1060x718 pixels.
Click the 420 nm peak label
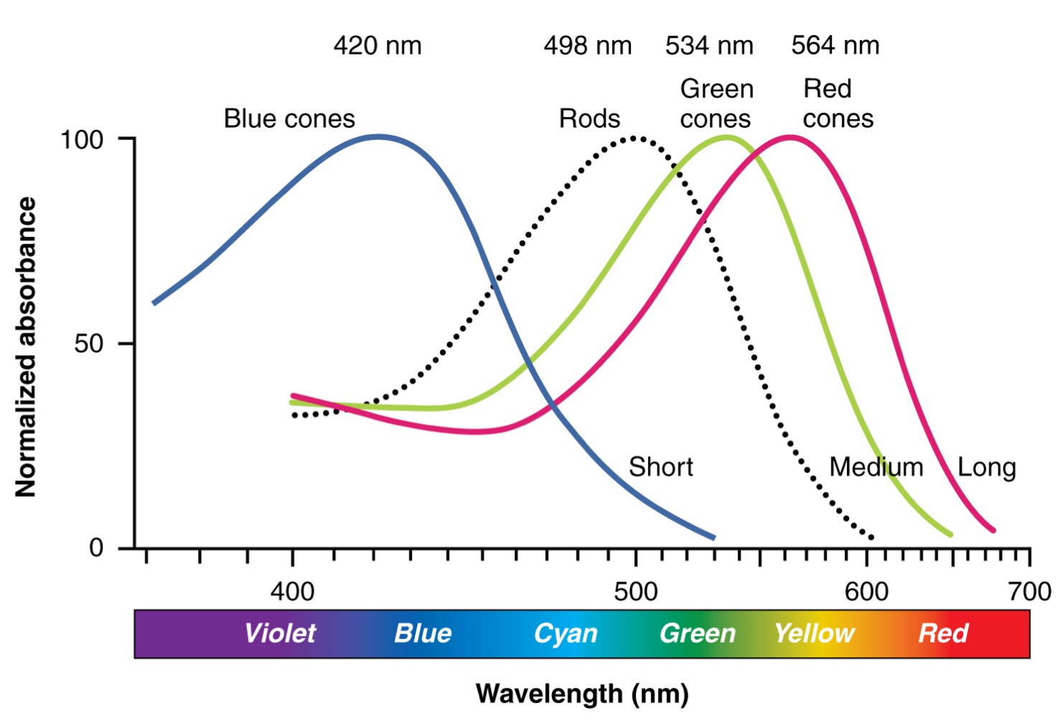377,46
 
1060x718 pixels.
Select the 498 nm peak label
587,46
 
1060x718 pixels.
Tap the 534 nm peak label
709,46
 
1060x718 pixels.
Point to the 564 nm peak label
835,46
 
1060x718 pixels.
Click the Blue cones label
289,118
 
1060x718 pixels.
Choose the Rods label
589,118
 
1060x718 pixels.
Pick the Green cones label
716,104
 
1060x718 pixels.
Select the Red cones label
838,104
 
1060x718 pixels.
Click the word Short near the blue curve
661,467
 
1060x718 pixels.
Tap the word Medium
876,467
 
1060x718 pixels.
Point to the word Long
986,468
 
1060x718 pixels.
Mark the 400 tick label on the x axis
292,592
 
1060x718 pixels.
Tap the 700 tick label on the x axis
1029,592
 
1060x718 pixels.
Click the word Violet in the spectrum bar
280,633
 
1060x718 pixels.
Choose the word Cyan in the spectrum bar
566,633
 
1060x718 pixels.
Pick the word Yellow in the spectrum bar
814,633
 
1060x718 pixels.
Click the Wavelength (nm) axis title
582,694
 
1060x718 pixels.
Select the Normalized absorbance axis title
26,347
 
